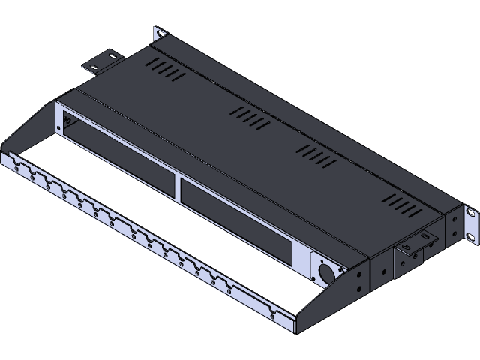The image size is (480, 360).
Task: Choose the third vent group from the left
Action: click(318, 155)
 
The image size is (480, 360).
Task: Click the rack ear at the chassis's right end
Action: click(469, 226)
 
